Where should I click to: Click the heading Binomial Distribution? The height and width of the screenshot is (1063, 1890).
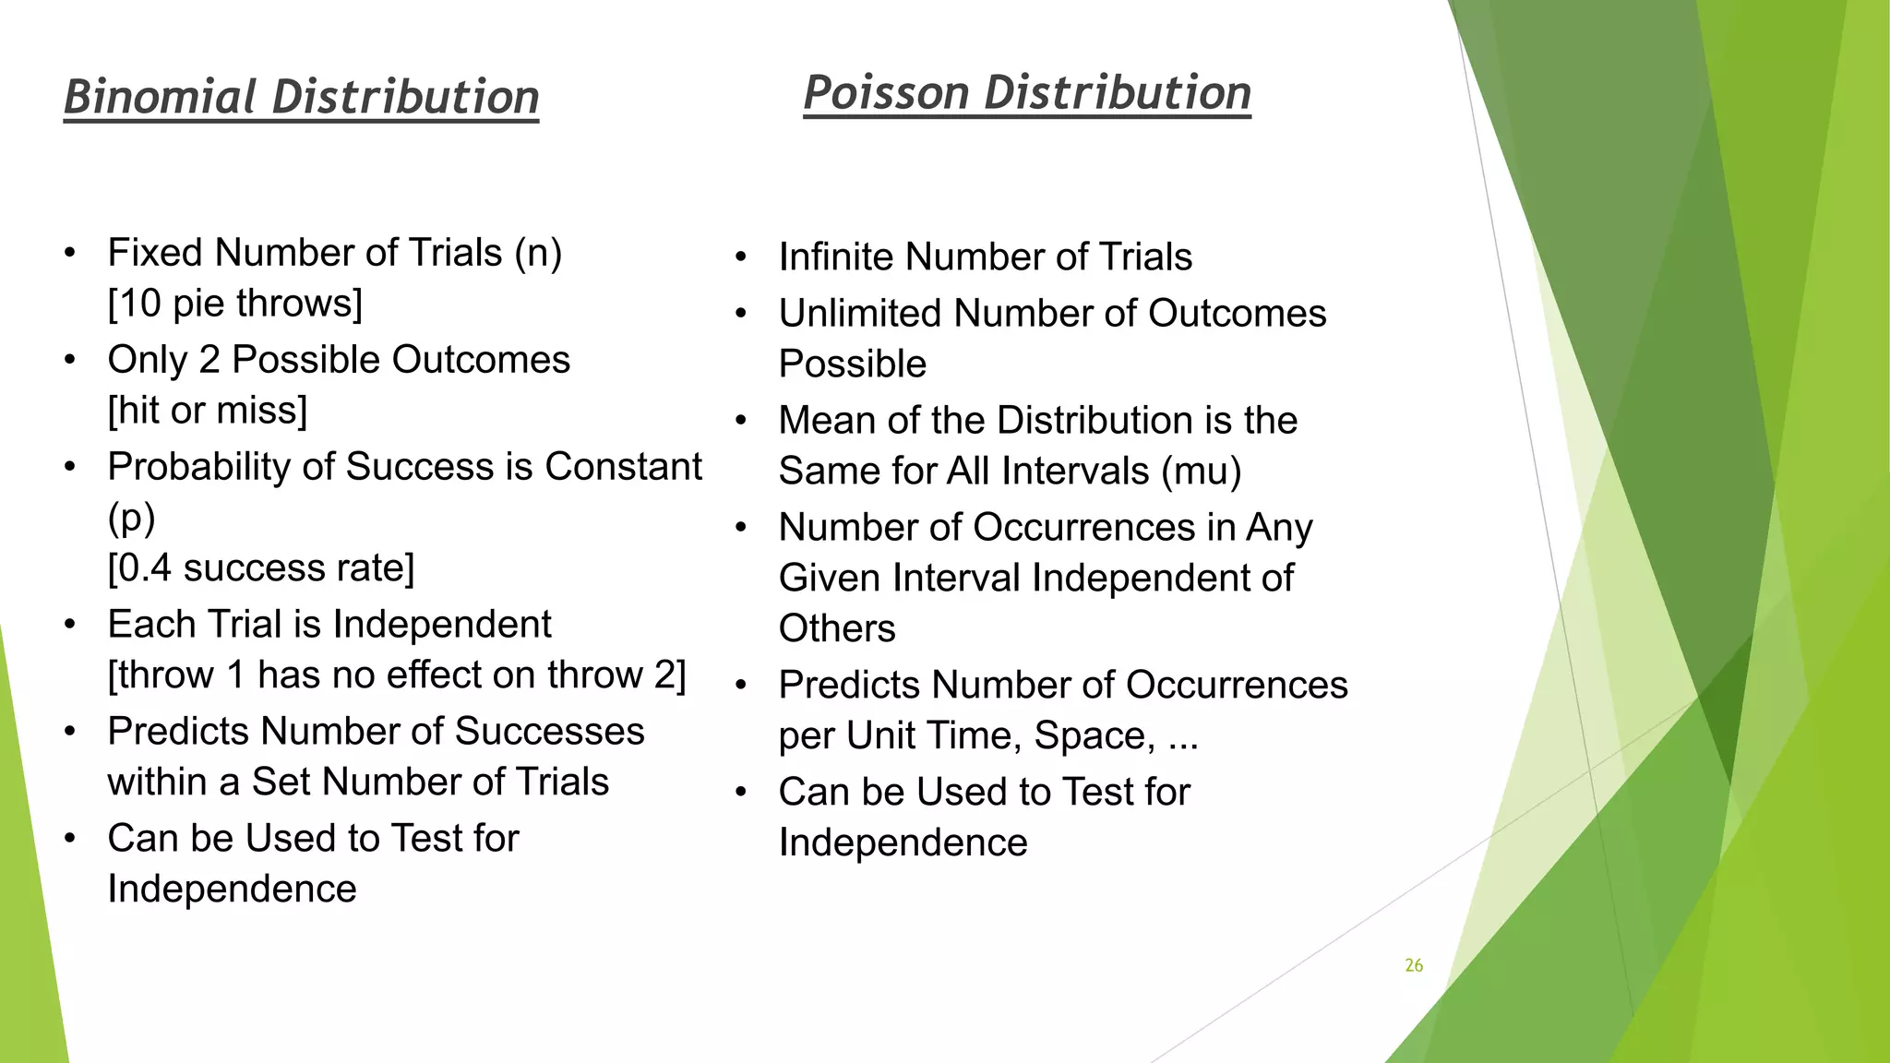pos(301,97)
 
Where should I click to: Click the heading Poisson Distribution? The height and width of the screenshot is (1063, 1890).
pos(1027,93)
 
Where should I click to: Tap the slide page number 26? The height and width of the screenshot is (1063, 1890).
pos(1414,965)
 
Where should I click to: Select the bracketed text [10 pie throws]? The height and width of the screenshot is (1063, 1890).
pos(235,304)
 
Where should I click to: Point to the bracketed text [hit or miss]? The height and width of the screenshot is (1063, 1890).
pos(208,411)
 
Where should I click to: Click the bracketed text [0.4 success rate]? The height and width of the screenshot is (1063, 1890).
pos(261,568)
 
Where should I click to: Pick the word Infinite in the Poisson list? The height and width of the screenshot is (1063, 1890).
pos(836,257)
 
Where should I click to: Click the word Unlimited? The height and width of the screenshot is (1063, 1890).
pos(860,314)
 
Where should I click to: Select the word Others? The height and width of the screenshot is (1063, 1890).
pos(837,629)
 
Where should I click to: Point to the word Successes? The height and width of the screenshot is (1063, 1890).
pos(550,732)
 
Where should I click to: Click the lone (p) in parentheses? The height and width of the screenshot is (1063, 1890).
pos(132,519)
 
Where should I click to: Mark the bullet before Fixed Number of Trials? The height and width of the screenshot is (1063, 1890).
pos(70,254)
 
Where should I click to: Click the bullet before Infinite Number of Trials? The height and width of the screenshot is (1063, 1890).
pos(740,257)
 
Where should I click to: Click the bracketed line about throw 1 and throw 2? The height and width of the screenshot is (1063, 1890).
pos(397,675)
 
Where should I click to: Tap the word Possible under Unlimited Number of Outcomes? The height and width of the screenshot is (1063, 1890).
pos(853,364)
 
